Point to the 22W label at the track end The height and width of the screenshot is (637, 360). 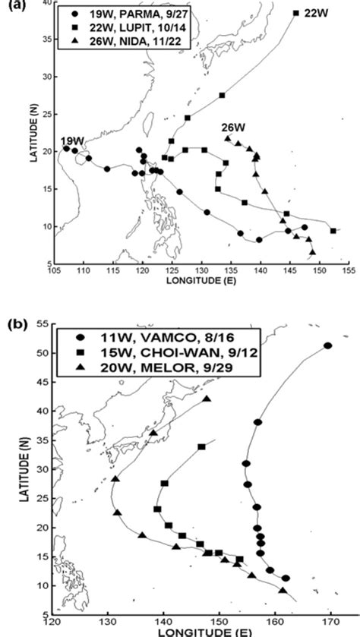click(313, 13)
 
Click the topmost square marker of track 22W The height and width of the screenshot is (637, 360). click(295, 13)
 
